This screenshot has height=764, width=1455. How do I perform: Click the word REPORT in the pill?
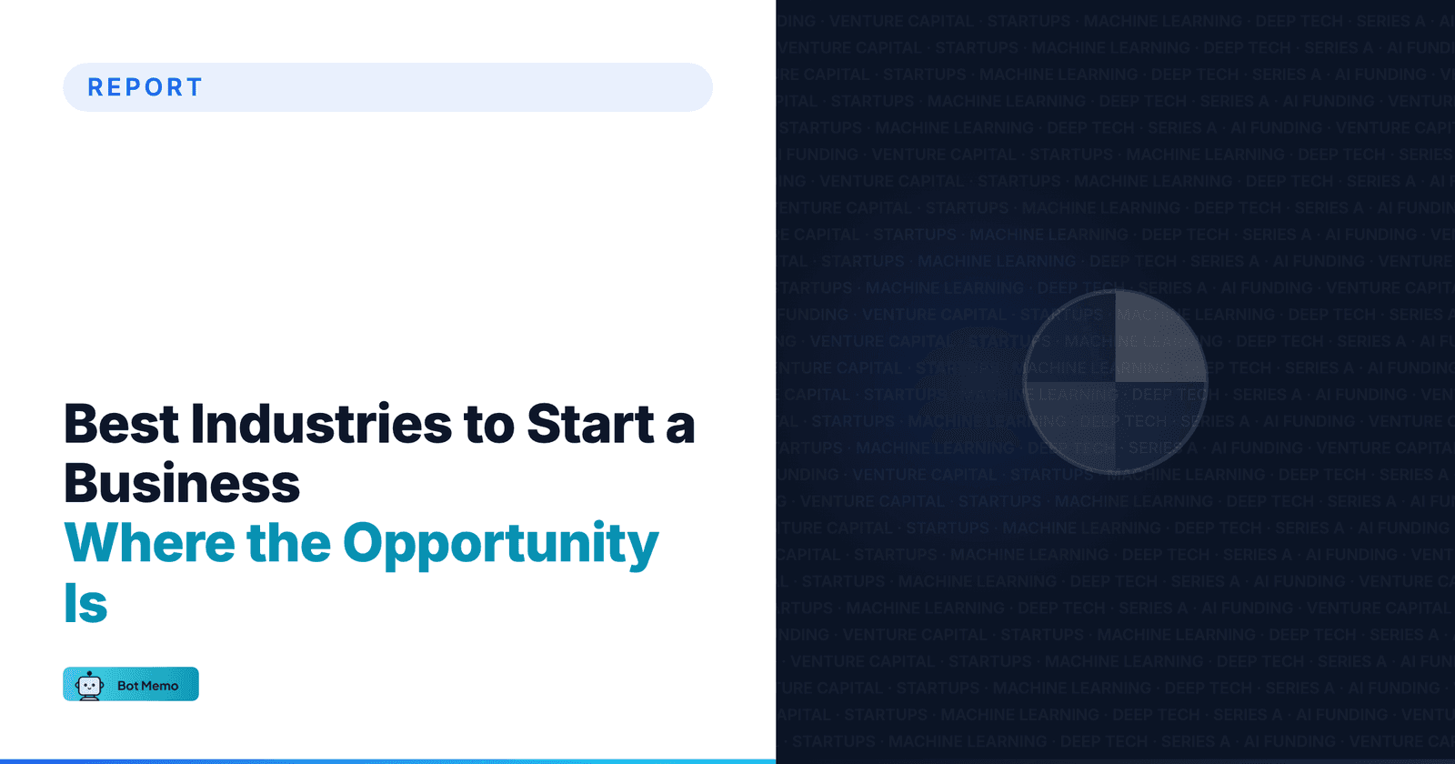click(x=145, y=87)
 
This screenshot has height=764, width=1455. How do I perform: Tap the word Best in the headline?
click(x=122, y=425)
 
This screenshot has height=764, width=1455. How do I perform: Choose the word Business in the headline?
click(x=182, y=484)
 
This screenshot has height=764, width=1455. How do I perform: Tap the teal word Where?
click(x=150, y=544)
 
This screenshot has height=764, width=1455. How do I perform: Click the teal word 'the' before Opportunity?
click(x=288, y=544)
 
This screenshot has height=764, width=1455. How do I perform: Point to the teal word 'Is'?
click(x=85, y=604)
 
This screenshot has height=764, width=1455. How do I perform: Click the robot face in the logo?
click(x=89, y=687)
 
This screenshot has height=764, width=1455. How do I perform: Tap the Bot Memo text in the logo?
click(x=148, y=686)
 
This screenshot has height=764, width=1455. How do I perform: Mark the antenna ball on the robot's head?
click(x=89, y=673)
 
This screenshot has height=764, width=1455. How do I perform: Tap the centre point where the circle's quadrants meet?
click(x=1115, y=382)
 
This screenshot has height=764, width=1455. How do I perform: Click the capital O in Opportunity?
click(x=366, y=543)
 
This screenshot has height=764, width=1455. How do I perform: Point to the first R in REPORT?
click(x=95, y=87)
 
